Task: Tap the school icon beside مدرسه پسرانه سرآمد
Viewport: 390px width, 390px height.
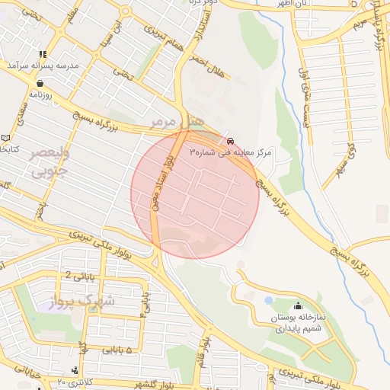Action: pyautogui.click(x=41, y=54)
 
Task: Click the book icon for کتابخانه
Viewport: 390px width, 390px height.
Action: pyautogui.click(x=6, y=138)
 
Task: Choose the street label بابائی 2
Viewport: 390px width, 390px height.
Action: pyautogui.click(x=78, y=275)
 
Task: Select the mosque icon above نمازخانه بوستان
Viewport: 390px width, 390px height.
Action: pyautogui.click(x=296, y=305)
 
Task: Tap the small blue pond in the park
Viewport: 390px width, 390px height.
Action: pyautogui.click(x=269, y=300)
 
